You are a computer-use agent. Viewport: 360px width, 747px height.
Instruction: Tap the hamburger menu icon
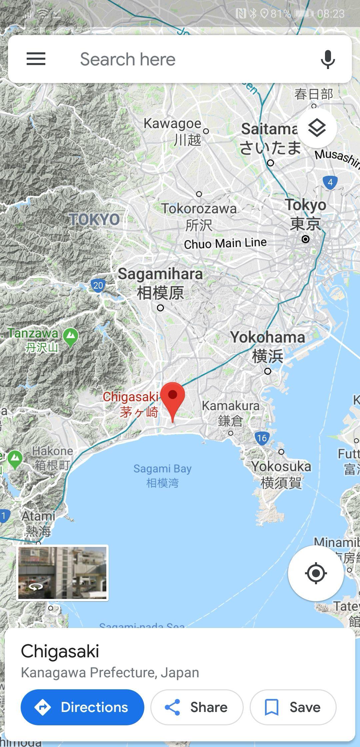point(36,59)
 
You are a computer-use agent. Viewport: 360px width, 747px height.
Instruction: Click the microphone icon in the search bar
point(328,59)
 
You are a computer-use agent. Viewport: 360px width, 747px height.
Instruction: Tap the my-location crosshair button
point(316,573)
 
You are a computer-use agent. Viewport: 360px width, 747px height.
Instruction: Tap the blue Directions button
point(82,707)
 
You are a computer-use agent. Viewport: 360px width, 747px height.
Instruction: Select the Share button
point(197,707)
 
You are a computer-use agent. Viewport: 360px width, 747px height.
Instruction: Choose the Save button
point(293,707)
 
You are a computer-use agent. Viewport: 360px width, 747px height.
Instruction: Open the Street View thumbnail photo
point(62,573)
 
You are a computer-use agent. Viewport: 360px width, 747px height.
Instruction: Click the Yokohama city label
point(267,337)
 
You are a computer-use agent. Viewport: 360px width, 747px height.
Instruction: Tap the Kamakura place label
point(230,406)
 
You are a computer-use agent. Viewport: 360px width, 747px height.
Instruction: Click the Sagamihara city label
point(160,274)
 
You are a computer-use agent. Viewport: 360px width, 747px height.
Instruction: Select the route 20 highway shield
point(98,285)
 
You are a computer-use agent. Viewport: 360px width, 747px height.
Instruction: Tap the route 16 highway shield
point(262,438)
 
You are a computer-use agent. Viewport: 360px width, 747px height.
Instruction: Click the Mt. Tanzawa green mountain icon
point(70,337)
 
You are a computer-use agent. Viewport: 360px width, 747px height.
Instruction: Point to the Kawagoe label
point(172,124)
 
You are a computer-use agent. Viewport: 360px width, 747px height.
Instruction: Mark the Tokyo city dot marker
point(305,239)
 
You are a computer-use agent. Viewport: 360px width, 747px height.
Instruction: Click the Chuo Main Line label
point(225,243)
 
